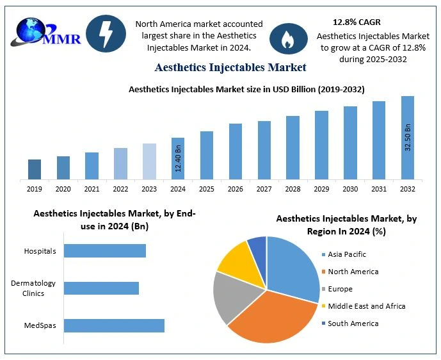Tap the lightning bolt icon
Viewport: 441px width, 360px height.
(106, 33)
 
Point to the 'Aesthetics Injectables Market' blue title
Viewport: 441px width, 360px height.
(230, 67)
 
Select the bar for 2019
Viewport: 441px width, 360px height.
(35, 169)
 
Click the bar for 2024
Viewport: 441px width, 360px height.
(178, 158)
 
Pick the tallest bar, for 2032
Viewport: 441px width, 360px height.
(408, 138)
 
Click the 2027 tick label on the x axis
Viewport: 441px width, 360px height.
(264, 189)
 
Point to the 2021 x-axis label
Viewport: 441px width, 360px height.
(92, 189)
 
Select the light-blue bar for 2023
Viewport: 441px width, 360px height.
(149, 161)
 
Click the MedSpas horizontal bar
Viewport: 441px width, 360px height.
(114, 325)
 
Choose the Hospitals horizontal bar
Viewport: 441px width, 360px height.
(105, 250)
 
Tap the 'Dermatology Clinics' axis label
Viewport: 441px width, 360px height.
(33, 288)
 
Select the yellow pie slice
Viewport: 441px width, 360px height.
(233, 256)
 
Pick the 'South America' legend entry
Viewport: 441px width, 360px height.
(353, 323)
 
